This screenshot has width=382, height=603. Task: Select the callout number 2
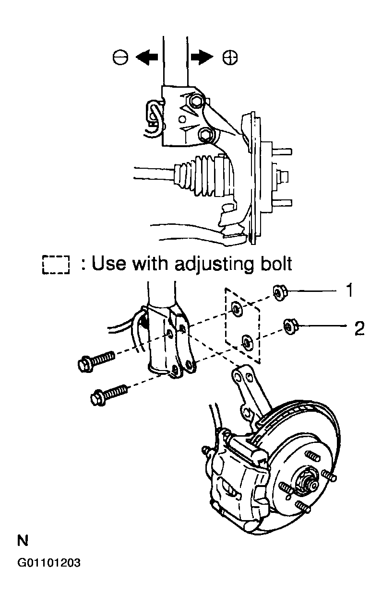[358, 328]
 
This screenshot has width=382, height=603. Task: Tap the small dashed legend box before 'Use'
[56, 265]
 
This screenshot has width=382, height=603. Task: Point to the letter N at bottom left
[23, 542]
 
